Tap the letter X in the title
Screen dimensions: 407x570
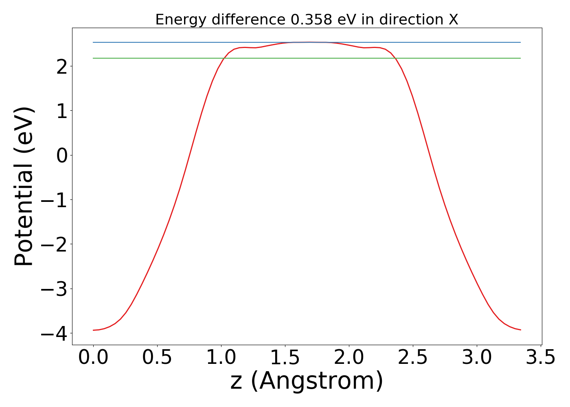(x=453, y=20)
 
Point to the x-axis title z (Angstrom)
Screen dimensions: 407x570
(x=307, y=381)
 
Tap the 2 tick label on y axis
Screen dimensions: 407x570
(x=62, y=66)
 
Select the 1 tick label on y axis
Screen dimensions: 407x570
(x=62, y=111)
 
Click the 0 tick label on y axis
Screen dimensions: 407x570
(x=62, y=155)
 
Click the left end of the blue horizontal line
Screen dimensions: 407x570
(x=93, y=42)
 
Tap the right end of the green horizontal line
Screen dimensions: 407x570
(x=520, y=58)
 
